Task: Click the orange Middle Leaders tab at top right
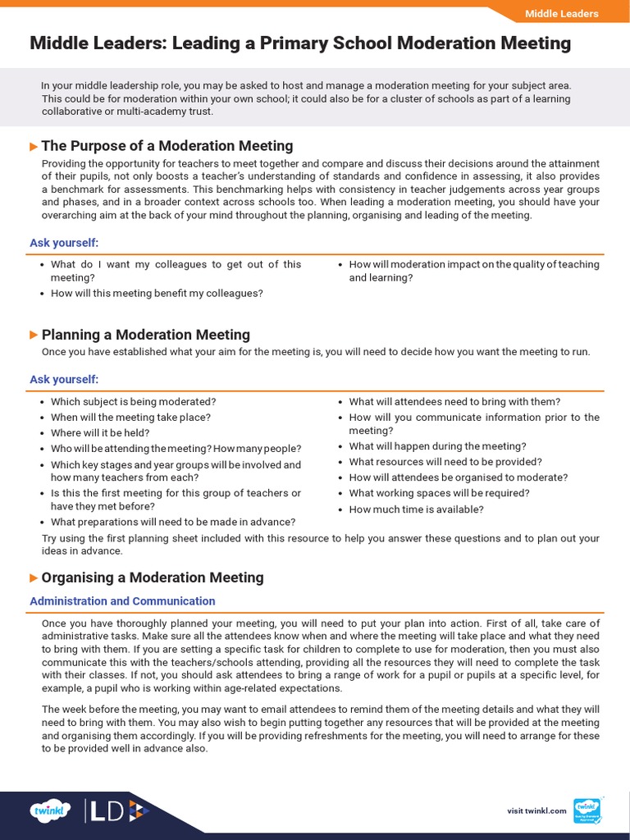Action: [x=561, y=14]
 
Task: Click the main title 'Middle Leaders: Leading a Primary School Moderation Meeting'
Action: [x=300, y=43]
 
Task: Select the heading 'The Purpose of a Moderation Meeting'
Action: [x=167, y=146]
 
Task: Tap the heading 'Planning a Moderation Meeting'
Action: [x=145, y=335]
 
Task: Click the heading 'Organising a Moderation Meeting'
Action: [x=153, y=577]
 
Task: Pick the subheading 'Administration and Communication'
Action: [x=122, y=601]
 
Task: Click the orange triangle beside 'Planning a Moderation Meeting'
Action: [x=34, y=335]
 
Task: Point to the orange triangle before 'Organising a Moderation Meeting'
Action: [x=34, y=577]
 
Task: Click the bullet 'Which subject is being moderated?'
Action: [x=133, y=402]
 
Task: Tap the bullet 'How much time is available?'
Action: [x=416, y=509]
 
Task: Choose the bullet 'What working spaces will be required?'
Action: [x=439, y=493]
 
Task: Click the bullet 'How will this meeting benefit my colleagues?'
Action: [x=156, y=293]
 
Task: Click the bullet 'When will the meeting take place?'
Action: [x=130, y=418]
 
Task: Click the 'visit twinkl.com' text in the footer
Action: [x=536, y=811]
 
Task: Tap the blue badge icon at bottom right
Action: [x=587, y=810]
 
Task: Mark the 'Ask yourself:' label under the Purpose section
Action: [x=64, y=243]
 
